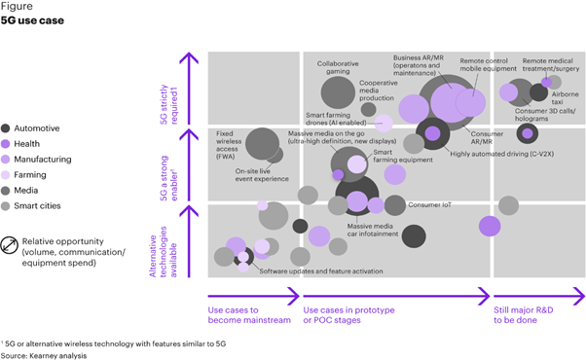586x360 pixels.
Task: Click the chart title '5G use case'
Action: [x=35, y=19]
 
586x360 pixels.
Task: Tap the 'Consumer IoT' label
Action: [x=429, y=205]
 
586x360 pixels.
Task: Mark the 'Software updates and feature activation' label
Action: [x=321, y=271]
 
